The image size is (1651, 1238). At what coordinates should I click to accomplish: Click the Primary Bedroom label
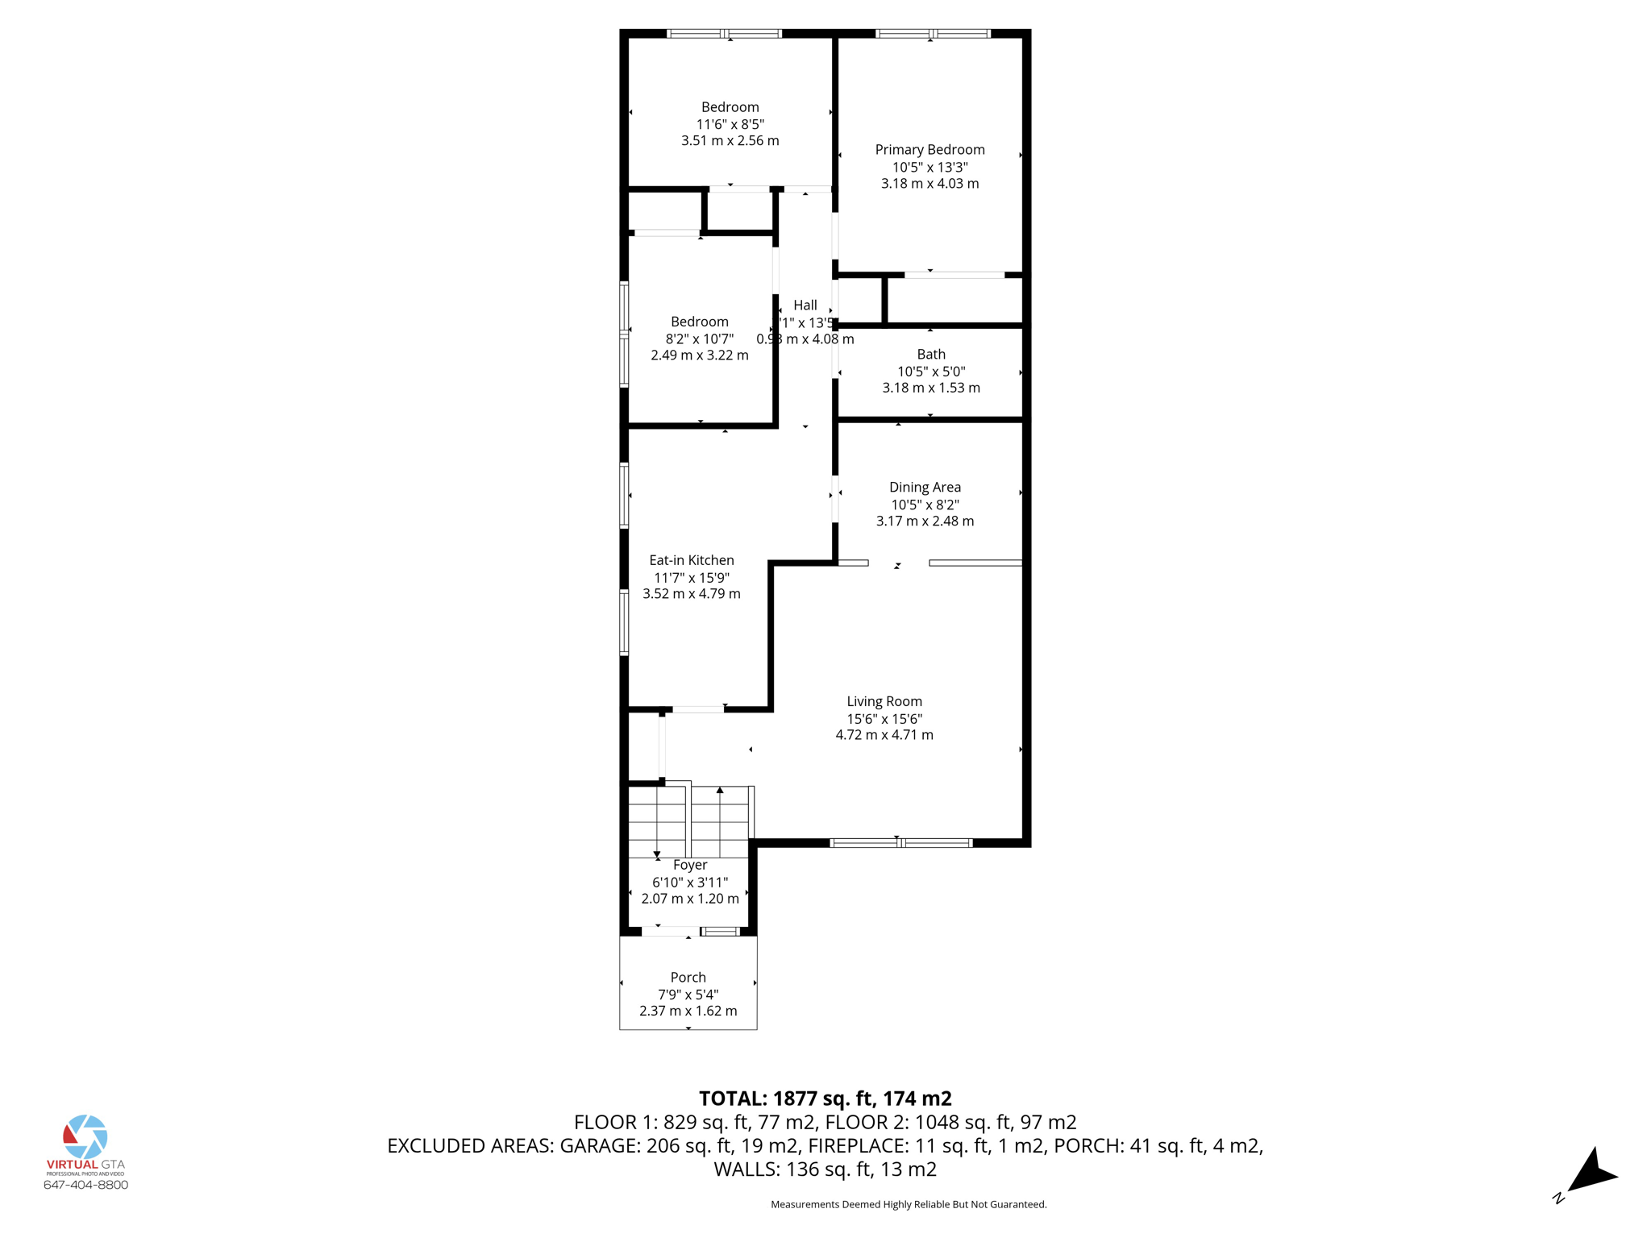pos(929,150)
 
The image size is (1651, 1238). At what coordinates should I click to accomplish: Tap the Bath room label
pos(931,355)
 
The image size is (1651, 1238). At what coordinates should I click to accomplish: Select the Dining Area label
pos(925,487)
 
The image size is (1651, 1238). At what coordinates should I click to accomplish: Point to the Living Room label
pos(884,702)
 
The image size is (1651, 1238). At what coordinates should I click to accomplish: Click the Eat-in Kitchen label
pos(692,560)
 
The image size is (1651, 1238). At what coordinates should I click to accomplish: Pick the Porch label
pos(688,978)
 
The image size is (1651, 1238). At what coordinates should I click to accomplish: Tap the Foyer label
pos(690,866)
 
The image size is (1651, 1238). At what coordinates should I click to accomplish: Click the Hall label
pos(805,305)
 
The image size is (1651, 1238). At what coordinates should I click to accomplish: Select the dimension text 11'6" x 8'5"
pos(730,124)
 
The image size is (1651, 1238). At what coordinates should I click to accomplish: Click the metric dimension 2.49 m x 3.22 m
pos(700,355)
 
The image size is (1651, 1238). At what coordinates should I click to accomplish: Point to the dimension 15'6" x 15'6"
pos(884,719)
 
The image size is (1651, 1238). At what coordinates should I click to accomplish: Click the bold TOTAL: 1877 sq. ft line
pos(825,1099)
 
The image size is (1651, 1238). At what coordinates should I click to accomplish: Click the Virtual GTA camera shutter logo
pos(85,1136)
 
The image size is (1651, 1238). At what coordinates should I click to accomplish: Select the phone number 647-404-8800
pos(85,1185)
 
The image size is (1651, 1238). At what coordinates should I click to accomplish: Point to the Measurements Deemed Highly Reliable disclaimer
pos(909,1205)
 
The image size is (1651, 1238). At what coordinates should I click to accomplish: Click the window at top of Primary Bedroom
pos(933,34)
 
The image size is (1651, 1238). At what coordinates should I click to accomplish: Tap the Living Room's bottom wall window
pos(900,843)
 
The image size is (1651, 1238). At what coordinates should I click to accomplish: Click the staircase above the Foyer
pos(689,822)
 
